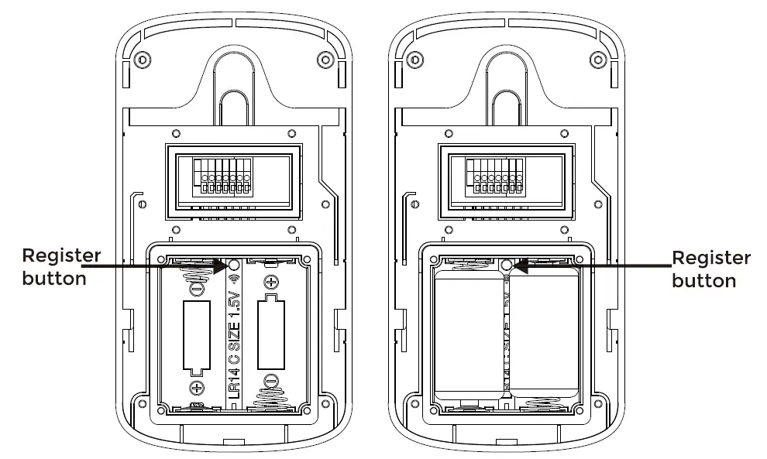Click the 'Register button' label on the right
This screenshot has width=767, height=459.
click(710, 269)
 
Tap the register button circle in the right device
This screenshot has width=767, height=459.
click(507, 265)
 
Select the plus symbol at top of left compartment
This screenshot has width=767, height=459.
click(270, 282)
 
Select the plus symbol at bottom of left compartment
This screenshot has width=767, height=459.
click(197, 387)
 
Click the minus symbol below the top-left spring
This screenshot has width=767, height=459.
click(197, 289)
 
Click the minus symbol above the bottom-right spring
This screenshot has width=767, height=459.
click(270, 380)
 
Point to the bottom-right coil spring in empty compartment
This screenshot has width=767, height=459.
click(270, 398)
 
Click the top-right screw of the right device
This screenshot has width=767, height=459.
click(596, 60)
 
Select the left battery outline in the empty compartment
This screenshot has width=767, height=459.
click(197, 337)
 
